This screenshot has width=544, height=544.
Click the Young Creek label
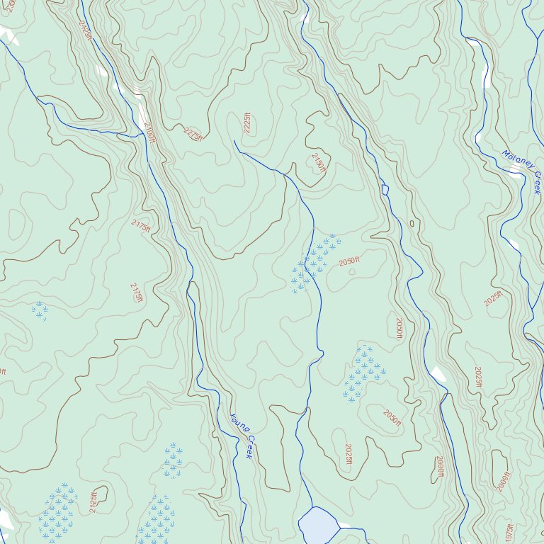242,436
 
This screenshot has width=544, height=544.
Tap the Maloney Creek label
521,171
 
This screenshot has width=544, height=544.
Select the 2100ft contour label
149,132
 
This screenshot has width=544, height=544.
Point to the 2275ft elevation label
193,134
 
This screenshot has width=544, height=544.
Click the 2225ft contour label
247,123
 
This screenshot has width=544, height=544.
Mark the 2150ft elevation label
318,163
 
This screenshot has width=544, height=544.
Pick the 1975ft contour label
509,533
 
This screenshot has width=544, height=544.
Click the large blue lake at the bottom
319,526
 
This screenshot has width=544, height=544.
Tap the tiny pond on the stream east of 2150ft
385,190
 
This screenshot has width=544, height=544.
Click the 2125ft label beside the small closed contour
93,502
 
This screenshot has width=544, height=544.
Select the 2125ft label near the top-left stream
86,29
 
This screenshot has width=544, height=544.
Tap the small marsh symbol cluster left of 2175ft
40,310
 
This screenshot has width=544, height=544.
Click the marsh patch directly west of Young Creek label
171,460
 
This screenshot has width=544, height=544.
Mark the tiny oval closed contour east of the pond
412,224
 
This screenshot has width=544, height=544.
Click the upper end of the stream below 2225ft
234,141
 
